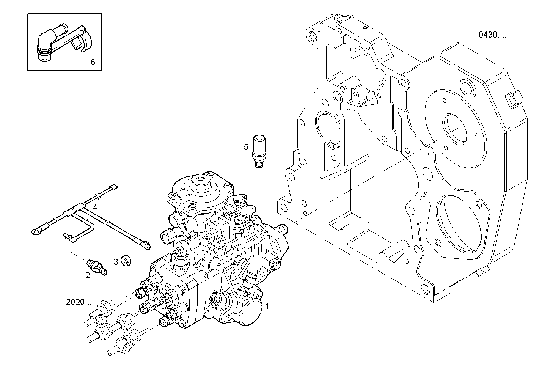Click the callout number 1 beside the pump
point(267,306)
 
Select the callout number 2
point(88,275)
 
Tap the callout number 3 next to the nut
point(116,261)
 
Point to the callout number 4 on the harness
point(95,207)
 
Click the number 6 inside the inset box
point(93,61)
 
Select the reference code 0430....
point(492,35)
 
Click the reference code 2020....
point(79,302)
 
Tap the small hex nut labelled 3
point(126,261)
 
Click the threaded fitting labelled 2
point(97,266)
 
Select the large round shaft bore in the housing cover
point(455,129)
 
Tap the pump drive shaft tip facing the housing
point(282,228)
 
